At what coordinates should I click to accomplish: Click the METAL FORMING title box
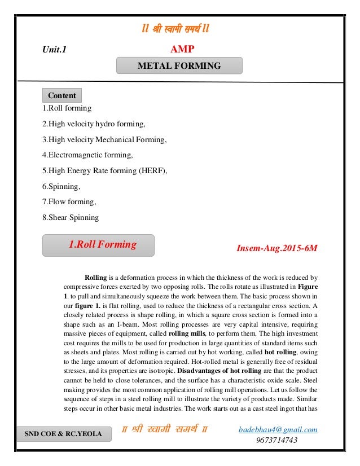[x=179, y=66]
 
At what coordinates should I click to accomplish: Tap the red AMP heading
[x=182, y=50]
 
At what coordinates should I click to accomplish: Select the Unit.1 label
[x=54, y=50]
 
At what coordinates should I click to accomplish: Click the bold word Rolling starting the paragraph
[x=95, y=278]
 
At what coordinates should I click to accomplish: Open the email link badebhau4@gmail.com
[x=278, y=430]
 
